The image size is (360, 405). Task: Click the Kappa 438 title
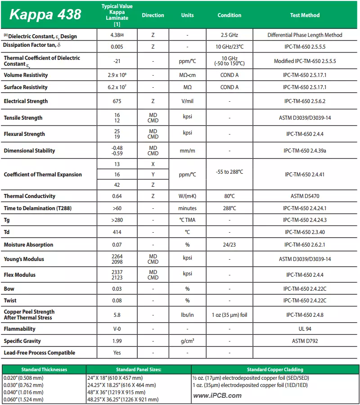45,15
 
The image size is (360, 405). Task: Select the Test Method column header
305,15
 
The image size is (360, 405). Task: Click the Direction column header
153,15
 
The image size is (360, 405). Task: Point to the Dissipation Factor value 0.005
117,46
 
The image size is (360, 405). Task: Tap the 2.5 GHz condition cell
229,35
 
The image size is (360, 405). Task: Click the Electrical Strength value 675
117,101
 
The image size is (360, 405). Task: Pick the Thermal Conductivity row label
30,196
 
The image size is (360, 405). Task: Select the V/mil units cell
188,101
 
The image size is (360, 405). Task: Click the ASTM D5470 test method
305,196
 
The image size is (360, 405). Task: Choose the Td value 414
117,232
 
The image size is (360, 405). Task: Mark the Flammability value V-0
117,329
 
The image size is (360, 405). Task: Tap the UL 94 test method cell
305,329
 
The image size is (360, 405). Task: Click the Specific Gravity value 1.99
117,341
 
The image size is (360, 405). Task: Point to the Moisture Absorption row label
29,245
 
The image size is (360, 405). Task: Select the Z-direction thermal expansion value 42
117,184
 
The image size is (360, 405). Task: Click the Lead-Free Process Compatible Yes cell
117,353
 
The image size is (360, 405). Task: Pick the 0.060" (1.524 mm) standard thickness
23,400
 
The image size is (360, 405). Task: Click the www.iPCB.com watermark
217,396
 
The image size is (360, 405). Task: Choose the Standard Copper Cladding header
275,369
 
